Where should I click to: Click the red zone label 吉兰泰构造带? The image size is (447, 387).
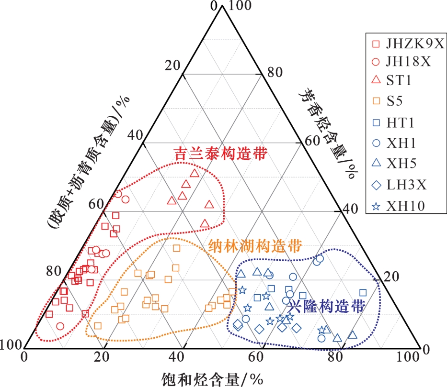pyautogui.click(x=220, y=154)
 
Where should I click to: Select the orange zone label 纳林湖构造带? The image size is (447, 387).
pyautogui.click(x=256, y=246)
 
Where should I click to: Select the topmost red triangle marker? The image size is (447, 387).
pyautogui.click(x=194, y=173)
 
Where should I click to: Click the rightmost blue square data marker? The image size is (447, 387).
pyautogui.click(x=363, y=292)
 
